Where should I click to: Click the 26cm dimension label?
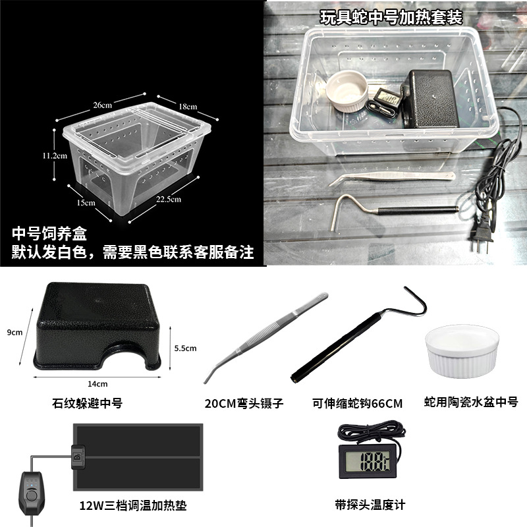[103, 105]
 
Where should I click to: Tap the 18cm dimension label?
[188, 107]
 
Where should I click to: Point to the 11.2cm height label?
[55, 155]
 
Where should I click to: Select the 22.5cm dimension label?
[169, 199]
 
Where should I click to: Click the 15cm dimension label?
[86, 203]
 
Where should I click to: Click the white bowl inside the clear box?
[347, 91]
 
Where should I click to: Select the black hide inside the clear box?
[430, 99]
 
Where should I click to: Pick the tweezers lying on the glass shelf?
[392, 178]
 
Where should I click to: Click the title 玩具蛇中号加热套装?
[391, 18]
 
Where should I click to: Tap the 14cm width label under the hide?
[97, 384]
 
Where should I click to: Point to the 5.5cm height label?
[185, 348]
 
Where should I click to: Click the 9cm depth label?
[14, 333]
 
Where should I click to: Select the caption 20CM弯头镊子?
[244, 403]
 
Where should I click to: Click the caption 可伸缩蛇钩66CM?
[357, 403]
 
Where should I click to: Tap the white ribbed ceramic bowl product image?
[462, 351]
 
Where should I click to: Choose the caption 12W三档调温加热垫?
[133, 505]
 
